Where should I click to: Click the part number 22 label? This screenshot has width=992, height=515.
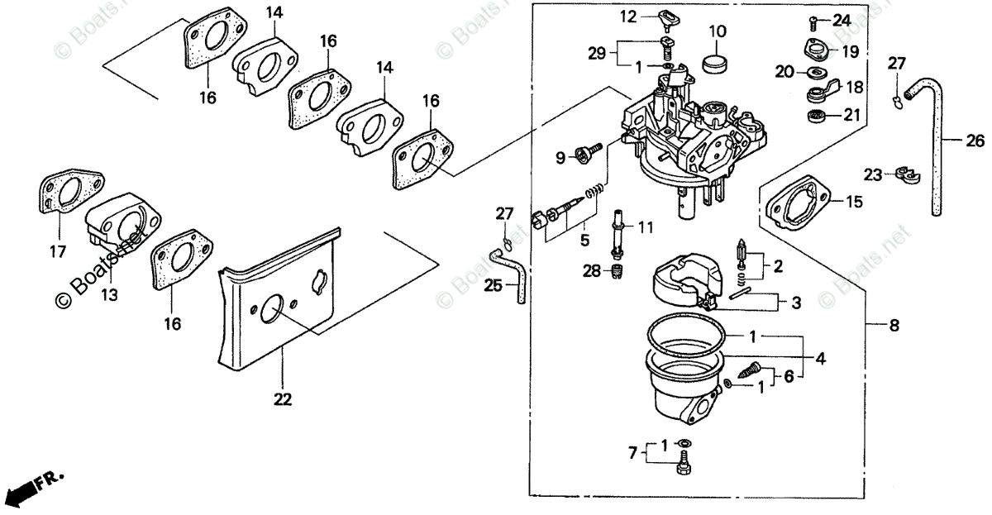283,399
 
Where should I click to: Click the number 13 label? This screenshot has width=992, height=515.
109,294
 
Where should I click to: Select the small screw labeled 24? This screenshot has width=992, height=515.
815,20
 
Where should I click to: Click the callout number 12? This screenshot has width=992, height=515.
629,16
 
